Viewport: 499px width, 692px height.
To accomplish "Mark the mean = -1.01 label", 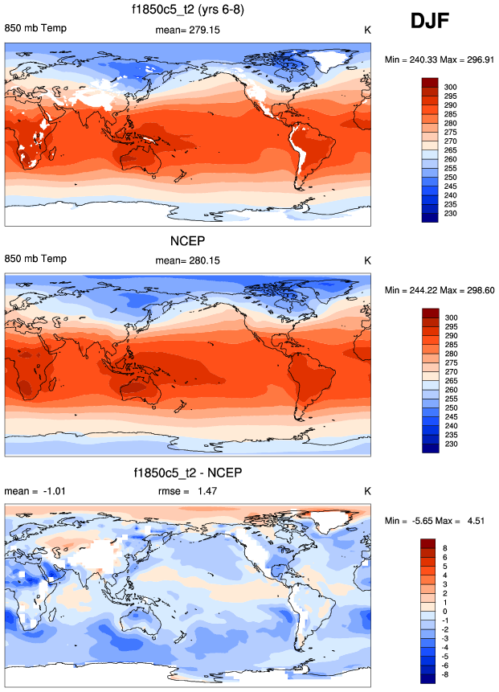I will point(33,490).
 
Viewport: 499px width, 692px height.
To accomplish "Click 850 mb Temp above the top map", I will point(36,30).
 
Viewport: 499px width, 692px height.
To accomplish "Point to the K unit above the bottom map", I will point(367,490).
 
